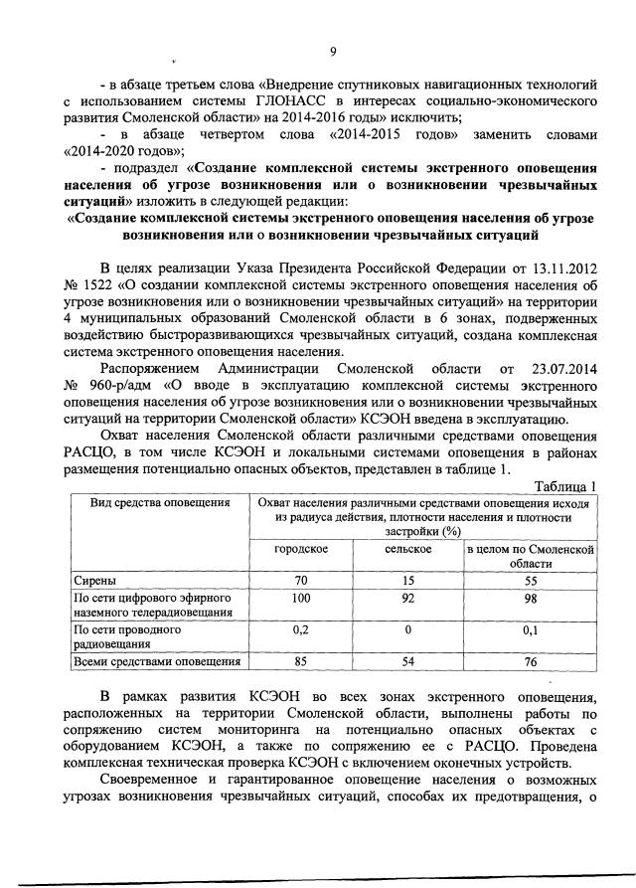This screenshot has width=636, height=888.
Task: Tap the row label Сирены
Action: [97, 580]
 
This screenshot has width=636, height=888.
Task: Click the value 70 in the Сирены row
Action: [301, 580]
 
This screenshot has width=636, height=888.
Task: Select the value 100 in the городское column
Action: [301, 599]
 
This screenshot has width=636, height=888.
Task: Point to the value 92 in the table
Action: [407, 599]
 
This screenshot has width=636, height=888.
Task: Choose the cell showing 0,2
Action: [301, 630]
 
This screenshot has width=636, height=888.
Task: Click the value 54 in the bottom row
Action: [407, 661]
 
